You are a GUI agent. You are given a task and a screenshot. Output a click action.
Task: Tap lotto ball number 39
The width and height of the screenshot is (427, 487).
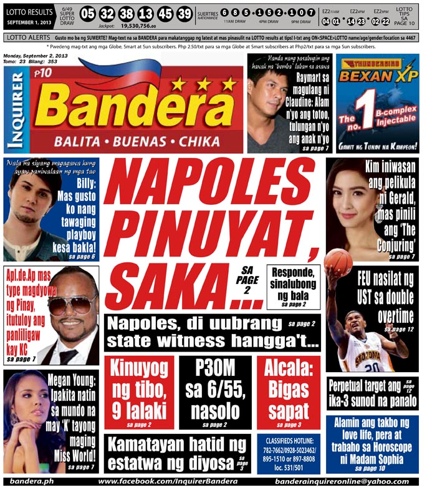coord(184,14)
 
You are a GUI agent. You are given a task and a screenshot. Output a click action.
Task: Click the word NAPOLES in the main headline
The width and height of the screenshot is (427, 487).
coord(215,184)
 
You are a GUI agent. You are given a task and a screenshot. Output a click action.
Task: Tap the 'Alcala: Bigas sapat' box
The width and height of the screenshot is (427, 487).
coord(288,393)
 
